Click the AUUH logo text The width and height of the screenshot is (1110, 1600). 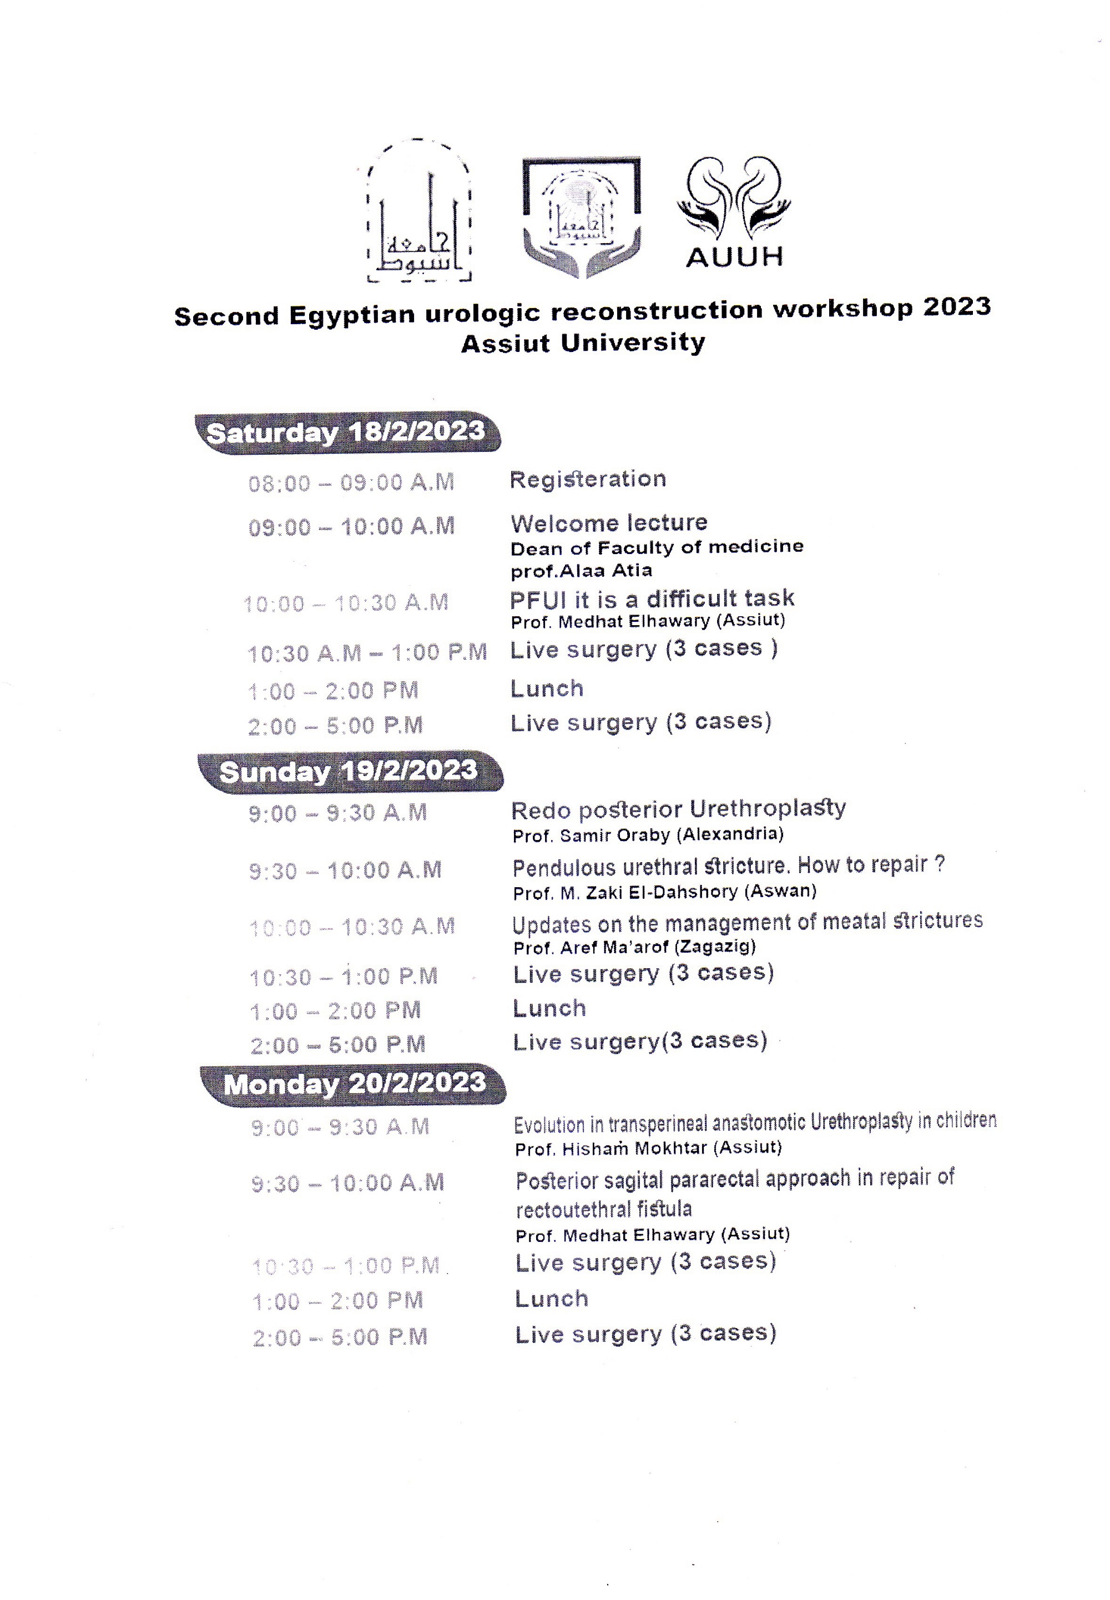coord(734,256)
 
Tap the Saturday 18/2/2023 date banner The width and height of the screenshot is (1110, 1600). coord(346,432)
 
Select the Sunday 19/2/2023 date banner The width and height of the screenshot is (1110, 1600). coord(349,772)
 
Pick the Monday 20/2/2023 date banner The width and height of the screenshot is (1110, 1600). coord(354,1084)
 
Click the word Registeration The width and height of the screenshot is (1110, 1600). coord(588,479)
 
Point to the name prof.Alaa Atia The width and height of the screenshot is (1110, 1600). coord(582,571)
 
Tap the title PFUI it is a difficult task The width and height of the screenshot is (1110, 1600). coord(652,599)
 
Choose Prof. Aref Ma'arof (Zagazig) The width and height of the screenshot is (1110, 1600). coord(634,947)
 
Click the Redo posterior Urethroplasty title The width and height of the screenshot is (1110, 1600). coord(678,809)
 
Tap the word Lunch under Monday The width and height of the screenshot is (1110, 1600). coord(552,1299)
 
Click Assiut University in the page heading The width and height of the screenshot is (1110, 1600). coord(583,343)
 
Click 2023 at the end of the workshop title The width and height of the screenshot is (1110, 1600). coord(956,307)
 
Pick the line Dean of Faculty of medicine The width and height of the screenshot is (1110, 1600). coord(657,547)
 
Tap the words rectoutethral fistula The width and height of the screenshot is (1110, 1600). coord(604,1209)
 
